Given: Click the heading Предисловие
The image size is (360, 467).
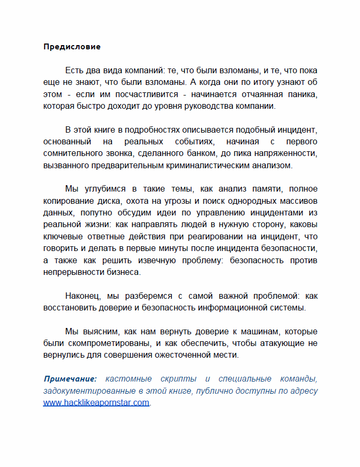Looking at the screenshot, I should (x=72, y=47).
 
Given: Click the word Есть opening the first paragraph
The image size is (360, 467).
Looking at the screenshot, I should (x=74, y=71).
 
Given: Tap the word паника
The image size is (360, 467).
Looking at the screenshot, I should (x=303, y=94).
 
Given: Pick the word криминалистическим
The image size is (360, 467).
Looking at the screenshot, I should (x=217, y=165).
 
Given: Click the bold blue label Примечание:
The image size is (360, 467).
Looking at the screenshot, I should (x=70, y=379).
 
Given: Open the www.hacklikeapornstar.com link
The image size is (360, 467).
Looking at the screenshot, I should (x=96, y=402).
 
